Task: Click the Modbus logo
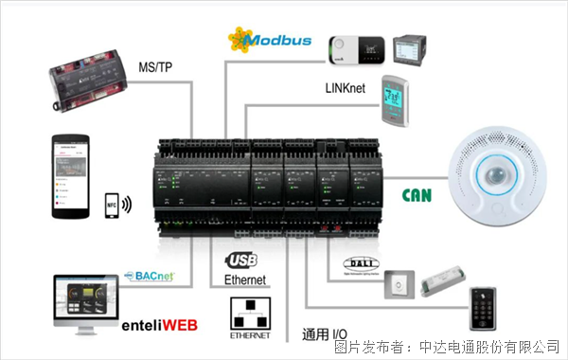[x=270, y=40]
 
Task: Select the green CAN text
[x=418, y=195]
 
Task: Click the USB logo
[x=242, y=259]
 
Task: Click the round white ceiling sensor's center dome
[x=502, y=171]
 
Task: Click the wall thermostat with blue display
[x=395, y=99]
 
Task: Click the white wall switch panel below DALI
[x=400, y=285]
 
